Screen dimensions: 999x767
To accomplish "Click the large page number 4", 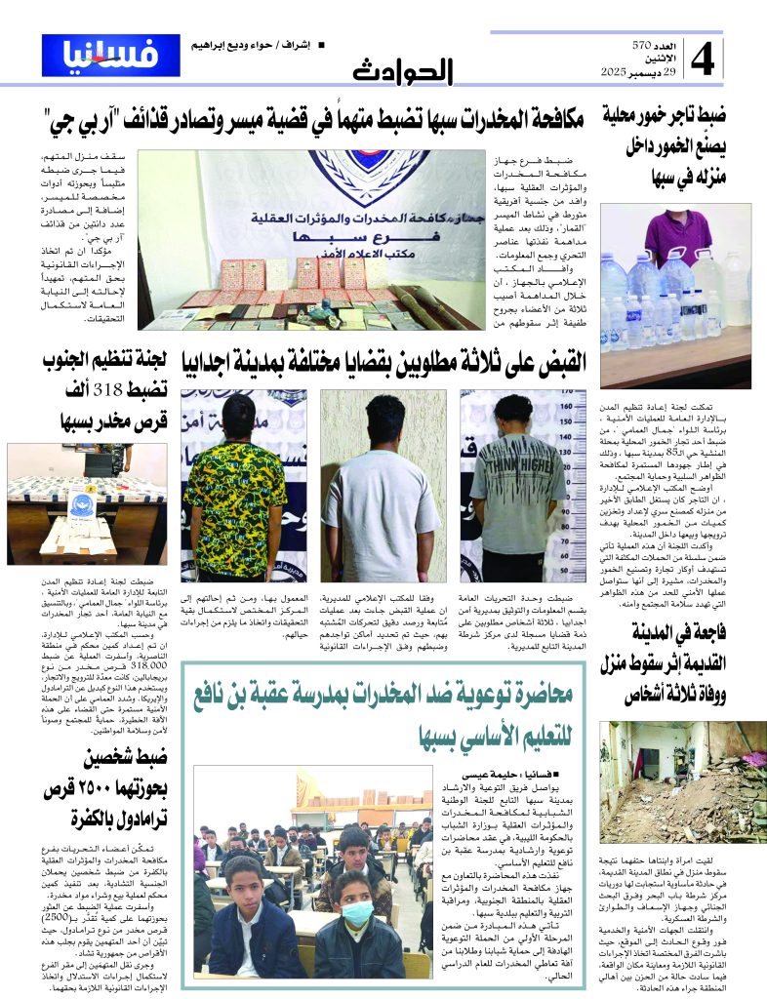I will [705, 60].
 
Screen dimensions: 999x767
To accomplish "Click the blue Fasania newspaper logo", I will [110, 56].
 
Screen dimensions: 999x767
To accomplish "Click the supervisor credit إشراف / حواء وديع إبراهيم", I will [262, 47].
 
